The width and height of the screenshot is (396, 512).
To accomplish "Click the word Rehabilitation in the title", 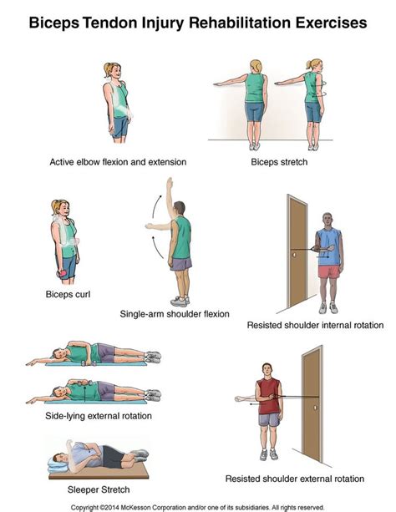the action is [x=240, y=23].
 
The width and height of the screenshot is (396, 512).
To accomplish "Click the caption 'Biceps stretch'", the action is [x=279, y=162].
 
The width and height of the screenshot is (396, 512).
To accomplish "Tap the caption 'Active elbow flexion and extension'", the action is [x=118, y=162].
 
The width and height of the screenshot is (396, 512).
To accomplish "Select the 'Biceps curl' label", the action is [x=68, y=294].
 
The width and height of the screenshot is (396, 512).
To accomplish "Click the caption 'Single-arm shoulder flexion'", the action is [x=175, y=314].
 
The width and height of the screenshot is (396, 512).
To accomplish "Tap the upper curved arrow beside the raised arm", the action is [x=156, y=206].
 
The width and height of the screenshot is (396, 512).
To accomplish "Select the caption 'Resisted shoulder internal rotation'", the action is [x=315, y=325].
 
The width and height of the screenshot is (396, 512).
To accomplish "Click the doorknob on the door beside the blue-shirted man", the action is [x=294, y=254].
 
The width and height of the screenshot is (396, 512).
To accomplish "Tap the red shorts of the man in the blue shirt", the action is [x=329, y=271].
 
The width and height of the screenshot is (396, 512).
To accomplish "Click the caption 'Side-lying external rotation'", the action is [x=99, y=416].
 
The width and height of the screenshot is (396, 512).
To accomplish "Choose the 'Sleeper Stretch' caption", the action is [x=99, y=489].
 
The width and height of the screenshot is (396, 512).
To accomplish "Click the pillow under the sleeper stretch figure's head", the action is [x=58, y=465].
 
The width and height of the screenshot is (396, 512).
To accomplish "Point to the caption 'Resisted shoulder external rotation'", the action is [x=295, y=479].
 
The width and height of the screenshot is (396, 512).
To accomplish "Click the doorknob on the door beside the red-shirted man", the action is [x=315, y=408].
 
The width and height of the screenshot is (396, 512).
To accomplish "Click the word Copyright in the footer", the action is [x=84, y=508].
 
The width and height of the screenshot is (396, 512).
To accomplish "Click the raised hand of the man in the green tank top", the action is [x=170, y=183].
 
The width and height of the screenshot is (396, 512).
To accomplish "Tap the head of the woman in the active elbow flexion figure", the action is [x=113, y=70].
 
